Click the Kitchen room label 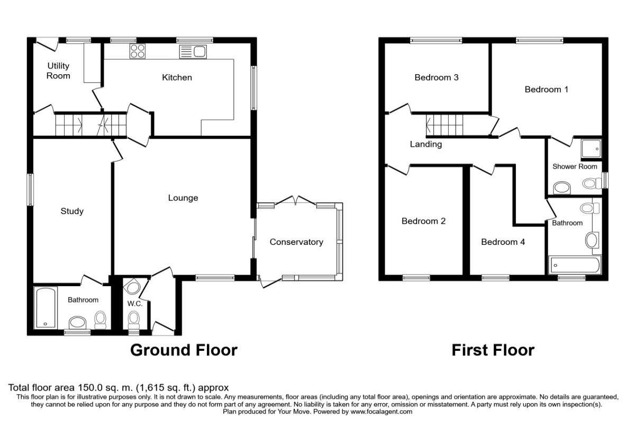click(x=177, y=77)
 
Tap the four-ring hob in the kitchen click(x=138, y=51)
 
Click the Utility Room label click(x=58, y=71)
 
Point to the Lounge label click(x=183, y=198)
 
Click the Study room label click(x=72, y=211)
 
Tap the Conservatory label click(x=296, y=242)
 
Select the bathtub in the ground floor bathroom click(x=46, y=307)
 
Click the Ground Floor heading click(x=184, y=350)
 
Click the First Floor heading click(x=493, y=350)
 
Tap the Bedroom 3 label click(x=436, y=77)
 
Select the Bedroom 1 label click(x=546, y=90)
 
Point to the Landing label click(x=425, y=144)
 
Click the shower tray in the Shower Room click(x=591, y=149)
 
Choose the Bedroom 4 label click(x=503, y=242)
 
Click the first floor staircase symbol click(x=444, y=126)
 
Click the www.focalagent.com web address click(x=381, y=411)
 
